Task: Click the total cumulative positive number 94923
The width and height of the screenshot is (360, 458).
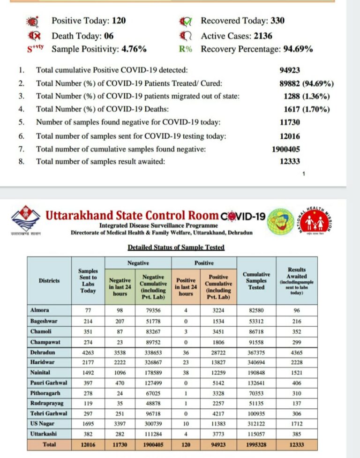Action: point(289,70)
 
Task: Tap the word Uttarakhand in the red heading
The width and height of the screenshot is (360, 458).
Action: point(79,216)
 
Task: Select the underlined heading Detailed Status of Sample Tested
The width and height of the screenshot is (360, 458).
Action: point(176,247)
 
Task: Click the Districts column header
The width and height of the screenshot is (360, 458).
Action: point(49,280)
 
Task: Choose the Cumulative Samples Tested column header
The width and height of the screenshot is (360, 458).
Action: point(256,280)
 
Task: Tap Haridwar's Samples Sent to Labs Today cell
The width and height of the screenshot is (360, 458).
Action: point(88,362)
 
